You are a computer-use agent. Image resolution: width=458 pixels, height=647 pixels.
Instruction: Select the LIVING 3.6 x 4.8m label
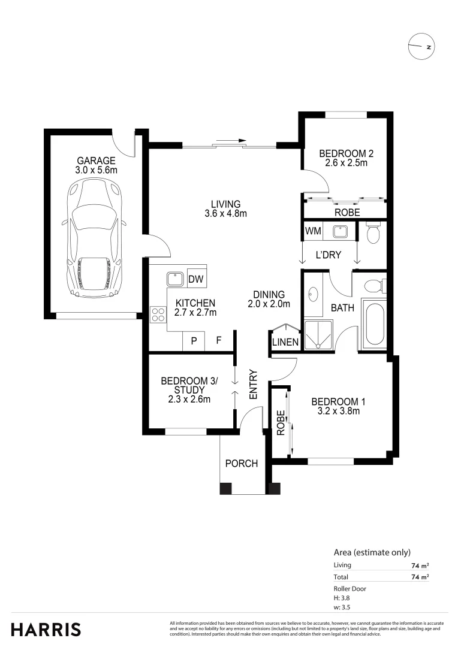pyautogui.click(x=225, y=208)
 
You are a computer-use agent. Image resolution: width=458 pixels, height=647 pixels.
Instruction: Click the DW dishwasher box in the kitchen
pyautogui.click(x=195, y=279)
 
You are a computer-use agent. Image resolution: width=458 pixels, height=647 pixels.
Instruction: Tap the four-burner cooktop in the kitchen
pyautogui.click(x=158, y=315)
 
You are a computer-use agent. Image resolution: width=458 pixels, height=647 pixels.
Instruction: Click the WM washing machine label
pyautogui.click(x=312, y=231)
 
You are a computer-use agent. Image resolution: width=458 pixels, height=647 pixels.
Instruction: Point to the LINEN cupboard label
pyautogui.click(x=285, y=342)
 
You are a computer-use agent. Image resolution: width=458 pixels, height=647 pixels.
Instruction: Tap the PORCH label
pyautogui.click(x=242, y=464)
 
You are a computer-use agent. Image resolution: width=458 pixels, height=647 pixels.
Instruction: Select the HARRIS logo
pyautogui.click(x=46, y=630)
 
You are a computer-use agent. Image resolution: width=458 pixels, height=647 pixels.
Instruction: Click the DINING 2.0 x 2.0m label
pyautogui.click(x=269, y=299)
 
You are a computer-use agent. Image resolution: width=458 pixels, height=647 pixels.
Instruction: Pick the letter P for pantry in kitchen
pyautogui.click(x=194, y=341)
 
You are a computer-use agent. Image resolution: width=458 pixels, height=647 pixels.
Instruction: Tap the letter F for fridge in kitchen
pyautogui.click(x=219, y=341)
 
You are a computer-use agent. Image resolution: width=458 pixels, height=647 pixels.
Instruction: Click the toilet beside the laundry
pyautogui.click(x=372, y=233)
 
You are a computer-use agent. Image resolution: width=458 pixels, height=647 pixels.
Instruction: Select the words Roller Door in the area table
pyautogui.click(x=349, y=589)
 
